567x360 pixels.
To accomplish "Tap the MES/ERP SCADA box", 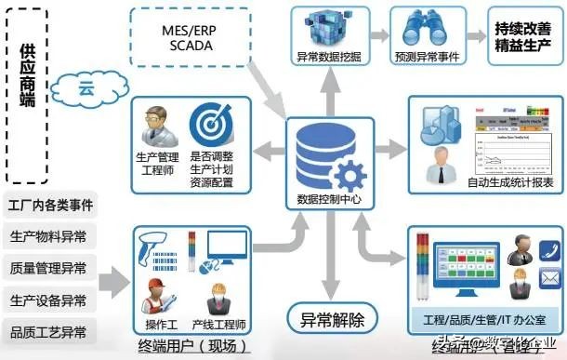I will [x=189, y=38].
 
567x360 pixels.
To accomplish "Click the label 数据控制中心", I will [x=321, y=198].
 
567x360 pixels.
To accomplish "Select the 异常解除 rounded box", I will [x=326, y=320].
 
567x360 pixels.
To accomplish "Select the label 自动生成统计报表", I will [x=510, y=185].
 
